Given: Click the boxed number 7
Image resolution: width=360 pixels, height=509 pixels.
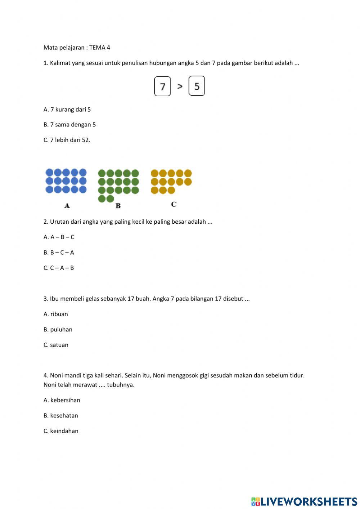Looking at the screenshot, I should coord(162,86).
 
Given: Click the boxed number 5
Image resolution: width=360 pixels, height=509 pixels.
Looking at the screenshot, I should coord(197,86).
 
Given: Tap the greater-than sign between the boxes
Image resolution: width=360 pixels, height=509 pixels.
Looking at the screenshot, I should coord(180,86).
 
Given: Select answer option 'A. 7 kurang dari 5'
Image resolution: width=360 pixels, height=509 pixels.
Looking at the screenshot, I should coord(67,110).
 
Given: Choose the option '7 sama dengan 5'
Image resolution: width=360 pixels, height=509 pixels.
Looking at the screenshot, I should coord(73,125).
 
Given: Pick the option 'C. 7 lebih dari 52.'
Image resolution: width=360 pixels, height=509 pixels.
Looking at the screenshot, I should coord(67,140).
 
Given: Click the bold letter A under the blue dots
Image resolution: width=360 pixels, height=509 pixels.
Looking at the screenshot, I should coord(67,206).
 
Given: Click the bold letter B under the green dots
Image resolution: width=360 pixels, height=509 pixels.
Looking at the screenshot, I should coord(118,206).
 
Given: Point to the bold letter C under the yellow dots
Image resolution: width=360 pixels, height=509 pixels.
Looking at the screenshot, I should coord(174,204).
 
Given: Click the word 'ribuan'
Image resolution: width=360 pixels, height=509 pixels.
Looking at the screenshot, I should coord(59,314).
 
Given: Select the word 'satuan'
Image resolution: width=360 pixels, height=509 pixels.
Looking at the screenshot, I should coord(59,345).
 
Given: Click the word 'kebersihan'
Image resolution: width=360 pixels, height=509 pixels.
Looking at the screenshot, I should coord(65,400).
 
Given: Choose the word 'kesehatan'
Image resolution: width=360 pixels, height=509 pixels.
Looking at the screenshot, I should coord(64,416).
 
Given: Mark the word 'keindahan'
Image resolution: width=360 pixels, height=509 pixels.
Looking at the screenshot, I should coord(64,431).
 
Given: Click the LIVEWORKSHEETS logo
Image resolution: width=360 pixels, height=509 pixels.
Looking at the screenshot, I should coord(304,501).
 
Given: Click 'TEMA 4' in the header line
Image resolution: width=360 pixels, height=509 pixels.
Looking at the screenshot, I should coord(100,48).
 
